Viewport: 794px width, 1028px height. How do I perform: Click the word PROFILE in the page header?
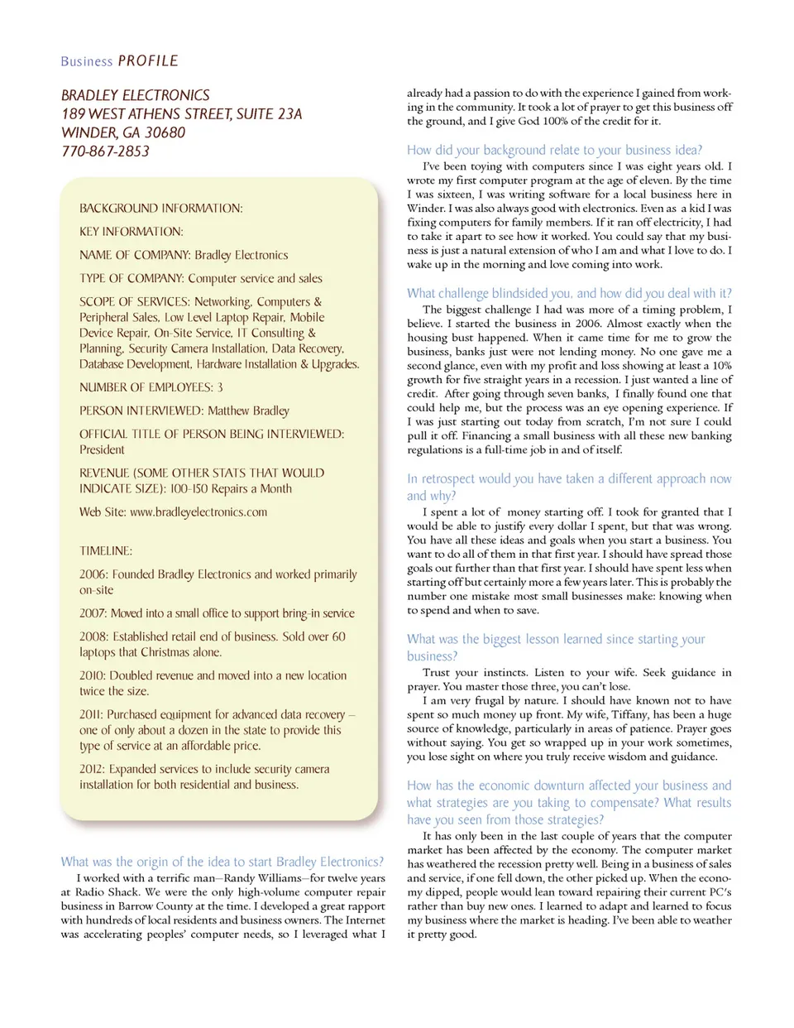click(148, 61)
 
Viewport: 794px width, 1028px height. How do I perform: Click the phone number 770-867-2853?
click(105, 151)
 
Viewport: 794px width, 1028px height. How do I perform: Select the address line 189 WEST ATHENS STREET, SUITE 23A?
click(181, 114)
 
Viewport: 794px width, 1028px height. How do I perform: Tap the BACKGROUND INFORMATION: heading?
click(161, 209)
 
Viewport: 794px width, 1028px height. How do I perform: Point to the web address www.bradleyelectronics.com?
click(198, 512)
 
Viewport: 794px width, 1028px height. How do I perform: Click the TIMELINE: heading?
click(106, 551)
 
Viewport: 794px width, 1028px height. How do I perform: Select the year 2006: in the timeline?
click(93, 574)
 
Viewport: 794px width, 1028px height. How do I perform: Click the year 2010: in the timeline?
click(93, 676)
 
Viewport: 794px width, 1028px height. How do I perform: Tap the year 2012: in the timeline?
click(93, 770)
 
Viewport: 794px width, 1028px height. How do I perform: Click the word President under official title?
click(102, 450)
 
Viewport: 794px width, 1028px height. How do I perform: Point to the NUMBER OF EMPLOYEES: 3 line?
click(151, 387)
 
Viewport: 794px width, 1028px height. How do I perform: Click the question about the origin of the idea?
click(222, 862)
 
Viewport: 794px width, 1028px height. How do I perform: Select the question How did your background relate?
click(554, 150)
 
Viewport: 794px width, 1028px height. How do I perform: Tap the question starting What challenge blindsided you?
click(569, 293)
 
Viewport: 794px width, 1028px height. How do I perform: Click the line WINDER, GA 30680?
click(123, 133)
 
